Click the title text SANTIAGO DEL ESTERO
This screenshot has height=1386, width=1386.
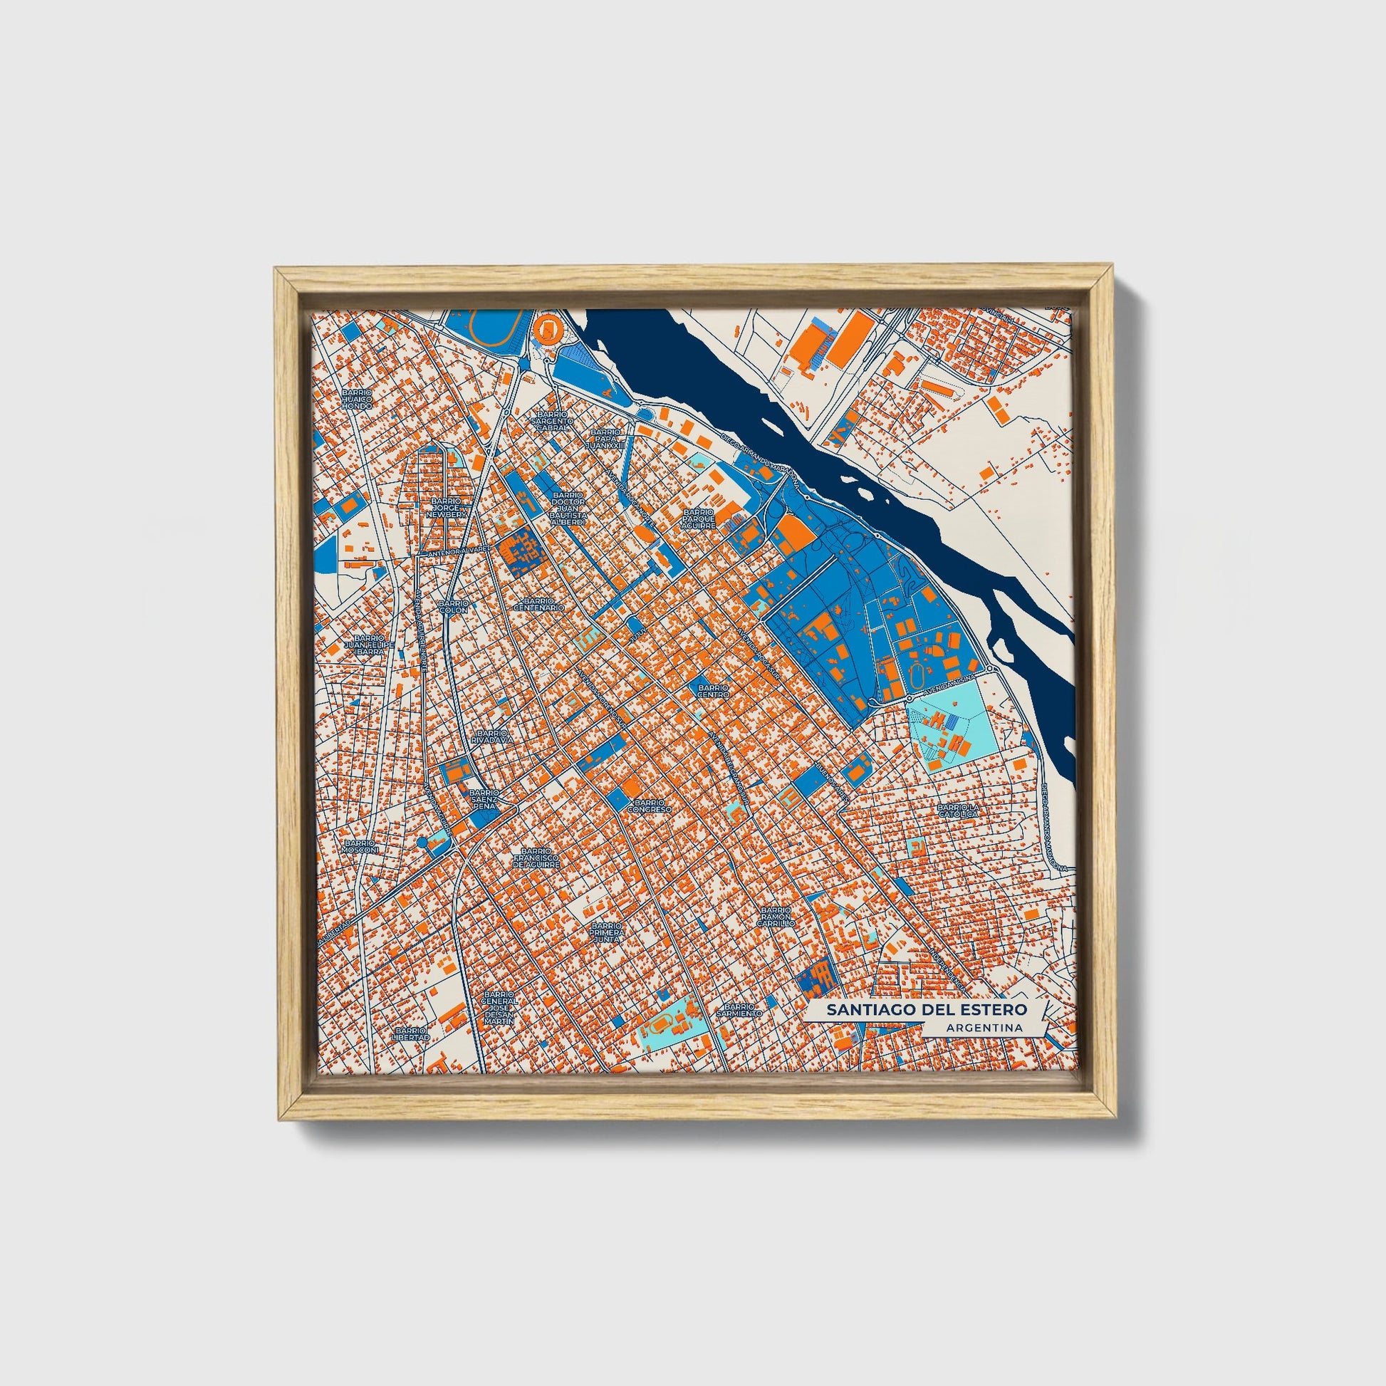[926, 1009]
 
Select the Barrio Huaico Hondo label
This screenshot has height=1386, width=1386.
[357, 400]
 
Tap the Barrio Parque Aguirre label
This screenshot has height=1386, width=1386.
[699, 519]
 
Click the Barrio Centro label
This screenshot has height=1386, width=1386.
[713, 691]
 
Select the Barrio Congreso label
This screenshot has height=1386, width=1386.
[650, 806]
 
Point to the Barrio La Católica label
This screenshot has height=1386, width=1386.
[957, 810]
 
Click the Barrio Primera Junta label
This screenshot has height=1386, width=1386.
[606, 933]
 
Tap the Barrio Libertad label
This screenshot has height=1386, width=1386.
[412, 1033]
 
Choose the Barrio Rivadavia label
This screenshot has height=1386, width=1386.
[492, 736]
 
